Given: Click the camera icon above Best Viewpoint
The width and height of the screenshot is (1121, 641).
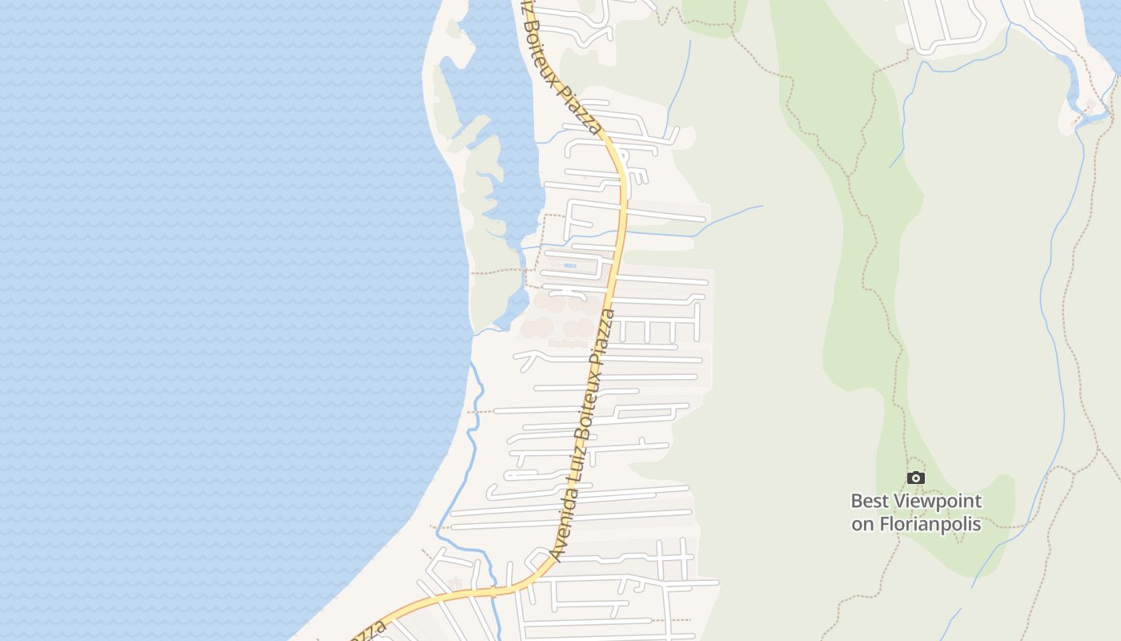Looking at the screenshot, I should [916, 478].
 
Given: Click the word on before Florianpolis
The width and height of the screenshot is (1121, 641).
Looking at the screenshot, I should [862, 525].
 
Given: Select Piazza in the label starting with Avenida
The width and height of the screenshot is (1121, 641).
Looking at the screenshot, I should [605, 337].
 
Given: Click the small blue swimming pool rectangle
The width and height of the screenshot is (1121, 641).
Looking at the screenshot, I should [569, 265].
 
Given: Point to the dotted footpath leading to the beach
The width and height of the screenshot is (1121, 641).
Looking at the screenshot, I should [496, 271].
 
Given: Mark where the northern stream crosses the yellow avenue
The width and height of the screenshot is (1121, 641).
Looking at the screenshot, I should [624, 232].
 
